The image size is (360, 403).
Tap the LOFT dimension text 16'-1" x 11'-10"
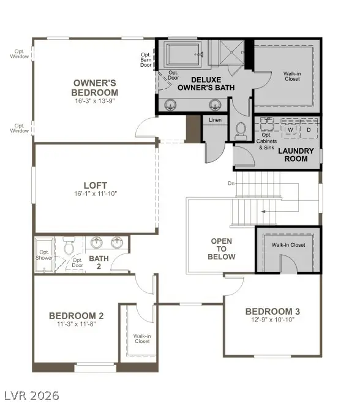pos(95,194)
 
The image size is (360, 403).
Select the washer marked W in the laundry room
pos(290,130)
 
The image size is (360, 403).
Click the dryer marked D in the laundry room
pos(309,130)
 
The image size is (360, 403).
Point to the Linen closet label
pos(215,120)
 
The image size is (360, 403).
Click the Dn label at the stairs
pos(231,183)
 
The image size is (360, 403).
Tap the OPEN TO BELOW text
pos(221,249)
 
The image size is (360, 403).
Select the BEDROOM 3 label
pos(272,311)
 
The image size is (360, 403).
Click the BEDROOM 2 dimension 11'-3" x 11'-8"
pos(76,324)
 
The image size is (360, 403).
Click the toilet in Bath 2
pos(69,248)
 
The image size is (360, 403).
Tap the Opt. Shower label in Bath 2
pos(45,255)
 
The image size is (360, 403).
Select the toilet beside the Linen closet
pos(241,129)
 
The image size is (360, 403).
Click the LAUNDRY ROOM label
pos(296,154)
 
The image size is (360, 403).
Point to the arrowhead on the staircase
pos(263,212)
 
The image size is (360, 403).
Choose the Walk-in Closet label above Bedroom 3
pos(288,245)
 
